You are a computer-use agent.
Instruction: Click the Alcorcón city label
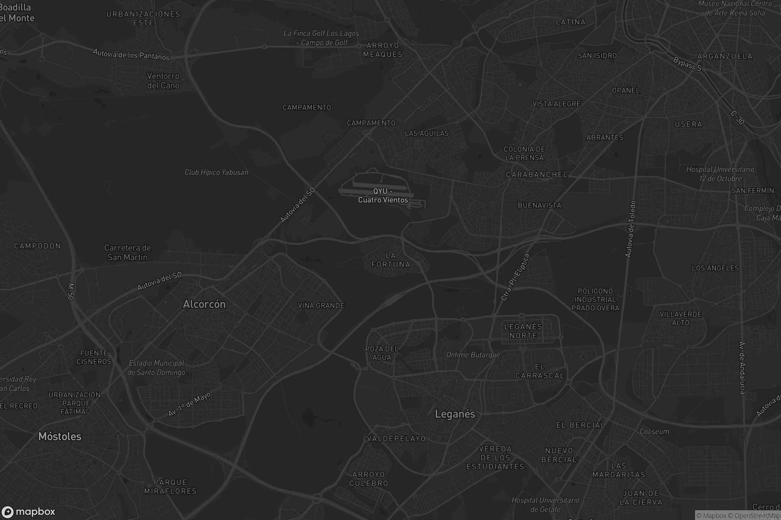[204, 304]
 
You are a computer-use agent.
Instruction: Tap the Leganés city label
[455, 414]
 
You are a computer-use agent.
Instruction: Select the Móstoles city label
[60, 436]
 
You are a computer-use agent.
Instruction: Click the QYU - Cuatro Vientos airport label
[383, 196]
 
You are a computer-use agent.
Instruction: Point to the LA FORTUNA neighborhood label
[391, 260]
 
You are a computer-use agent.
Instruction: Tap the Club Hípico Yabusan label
[216, 173]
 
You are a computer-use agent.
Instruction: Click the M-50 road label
[71, 292]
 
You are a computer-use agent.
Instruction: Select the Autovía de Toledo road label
[630, 229]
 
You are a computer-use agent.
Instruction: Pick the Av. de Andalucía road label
[743, 368]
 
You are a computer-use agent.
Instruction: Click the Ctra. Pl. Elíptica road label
[515, 277]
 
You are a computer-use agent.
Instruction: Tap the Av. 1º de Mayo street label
[189, 404]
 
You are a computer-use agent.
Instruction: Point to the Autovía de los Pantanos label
[131, 55]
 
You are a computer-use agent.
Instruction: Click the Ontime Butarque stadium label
[473, 355]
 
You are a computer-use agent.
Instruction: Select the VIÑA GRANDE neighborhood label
[321, 305]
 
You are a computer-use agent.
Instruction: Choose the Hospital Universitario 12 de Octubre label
[720, 174]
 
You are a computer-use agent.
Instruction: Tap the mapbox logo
[28, 512]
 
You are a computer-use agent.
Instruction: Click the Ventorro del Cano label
[163, 81]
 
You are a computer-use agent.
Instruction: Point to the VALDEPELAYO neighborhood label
[396, 439]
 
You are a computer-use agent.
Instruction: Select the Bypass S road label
[687, 64]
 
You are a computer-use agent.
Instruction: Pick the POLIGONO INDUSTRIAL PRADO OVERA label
[595, 299]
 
